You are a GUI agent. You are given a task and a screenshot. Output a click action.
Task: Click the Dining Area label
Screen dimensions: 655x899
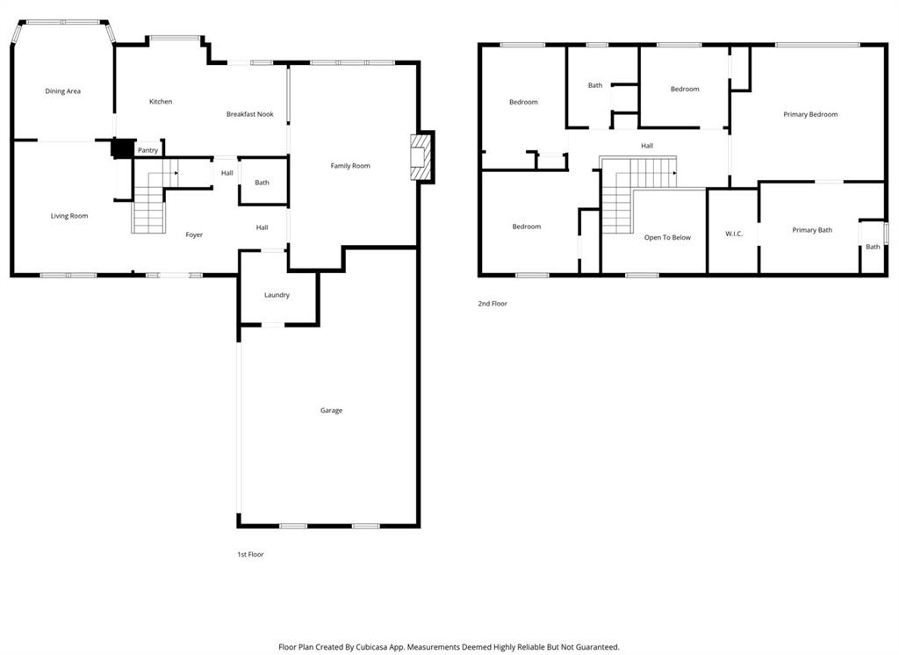click(x=63, y=91)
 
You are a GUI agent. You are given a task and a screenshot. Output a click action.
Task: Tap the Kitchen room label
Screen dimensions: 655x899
click(x=161, y=102)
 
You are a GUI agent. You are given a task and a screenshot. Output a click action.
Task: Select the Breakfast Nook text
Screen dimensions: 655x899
click(x=250, y=114)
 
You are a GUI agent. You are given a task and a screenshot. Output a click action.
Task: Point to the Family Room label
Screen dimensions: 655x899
click(x=350, y=166)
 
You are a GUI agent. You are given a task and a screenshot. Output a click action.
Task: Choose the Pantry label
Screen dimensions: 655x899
click(x=147, y=150)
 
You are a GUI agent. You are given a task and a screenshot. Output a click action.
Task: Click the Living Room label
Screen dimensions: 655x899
click(x=69, y=216)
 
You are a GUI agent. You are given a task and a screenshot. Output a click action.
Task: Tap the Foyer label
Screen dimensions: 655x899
click(x=194, y=234)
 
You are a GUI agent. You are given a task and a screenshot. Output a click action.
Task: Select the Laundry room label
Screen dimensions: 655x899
click(x=277, y=295)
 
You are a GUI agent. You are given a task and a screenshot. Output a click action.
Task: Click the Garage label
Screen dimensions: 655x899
click(x=331, y=411)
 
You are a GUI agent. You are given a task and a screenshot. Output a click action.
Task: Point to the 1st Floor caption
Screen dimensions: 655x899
click(x=250, y=555)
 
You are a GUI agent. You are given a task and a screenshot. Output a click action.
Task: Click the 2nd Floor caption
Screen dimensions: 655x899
click(x=493, y=304)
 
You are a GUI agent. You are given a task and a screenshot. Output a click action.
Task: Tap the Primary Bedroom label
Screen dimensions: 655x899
click(x=810, y=115)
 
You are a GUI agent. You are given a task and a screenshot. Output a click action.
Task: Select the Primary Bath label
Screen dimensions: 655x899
click(x=812, y=230)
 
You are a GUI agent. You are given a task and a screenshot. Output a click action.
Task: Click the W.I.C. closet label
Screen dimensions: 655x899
click(x=734, y=234)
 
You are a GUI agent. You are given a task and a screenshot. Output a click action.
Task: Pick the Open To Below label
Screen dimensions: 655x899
click(x=667, y=237)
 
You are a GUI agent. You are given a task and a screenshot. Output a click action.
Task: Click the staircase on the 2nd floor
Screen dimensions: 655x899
click(x=632, y=189)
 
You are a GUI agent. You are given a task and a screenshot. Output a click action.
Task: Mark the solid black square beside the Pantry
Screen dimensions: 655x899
click(x=122, y=148)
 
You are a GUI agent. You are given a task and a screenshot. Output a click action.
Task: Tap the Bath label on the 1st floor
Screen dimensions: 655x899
click(x=262, y=183)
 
